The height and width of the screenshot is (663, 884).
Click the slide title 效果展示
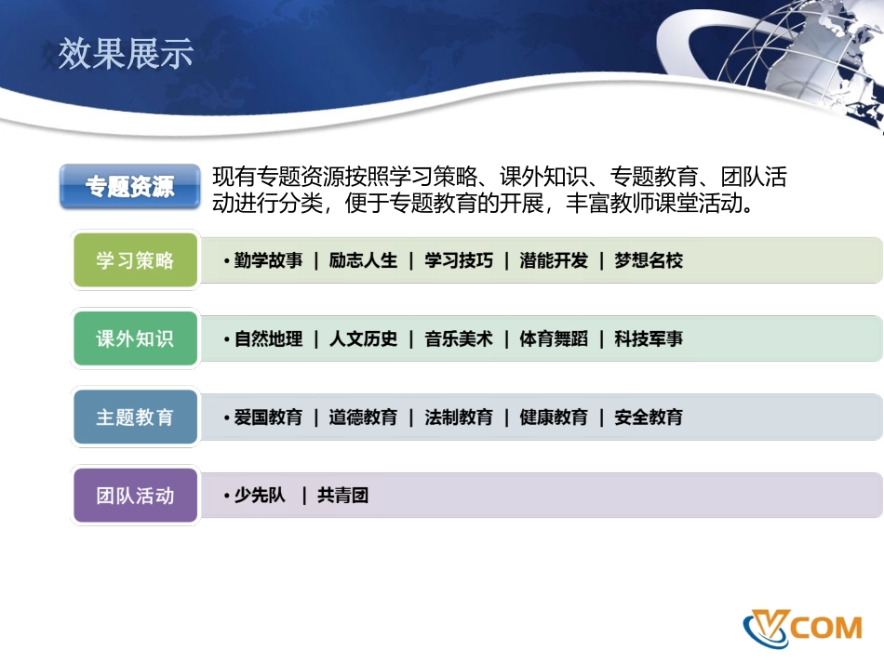pos(126,54)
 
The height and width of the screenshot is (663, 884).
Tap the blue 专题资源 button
pos(130,187)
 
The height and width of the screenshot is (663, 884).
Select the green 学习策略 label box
pos(135,260)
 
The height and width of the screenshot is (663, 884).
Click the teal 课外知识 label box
pos(135,338)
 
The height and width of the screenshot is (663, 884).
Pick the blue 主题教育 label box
pos(135,418)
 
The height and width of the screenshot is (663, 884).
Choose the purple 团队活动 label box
pos(135,496)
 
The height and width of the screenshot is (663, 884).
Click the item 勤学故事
pos(268,260)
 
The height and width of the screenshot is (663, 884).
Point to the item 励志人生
pos(363,260)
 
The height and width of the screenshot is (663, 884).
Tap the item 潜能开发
pos(554,260)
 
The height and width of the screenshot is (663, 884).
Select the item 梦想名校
pos(649,260)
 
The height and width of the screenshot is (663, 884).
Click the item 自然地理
pos(268,339)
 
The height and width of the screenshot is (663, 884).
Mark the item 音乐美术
pos(459,339)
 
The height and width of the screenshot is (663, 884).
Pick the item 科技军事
pos(649,339)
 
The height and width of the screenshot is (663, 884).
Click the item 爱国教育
pos(268,418)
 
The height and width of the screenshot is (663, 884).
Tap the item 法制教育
pos(459,418)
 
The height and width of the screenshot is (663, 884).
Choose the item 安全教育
pos(649,418)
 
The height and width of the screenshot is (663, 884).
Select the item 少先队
pos(260,496)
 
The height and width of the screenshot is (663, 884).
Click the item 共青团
pos(342,496)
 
